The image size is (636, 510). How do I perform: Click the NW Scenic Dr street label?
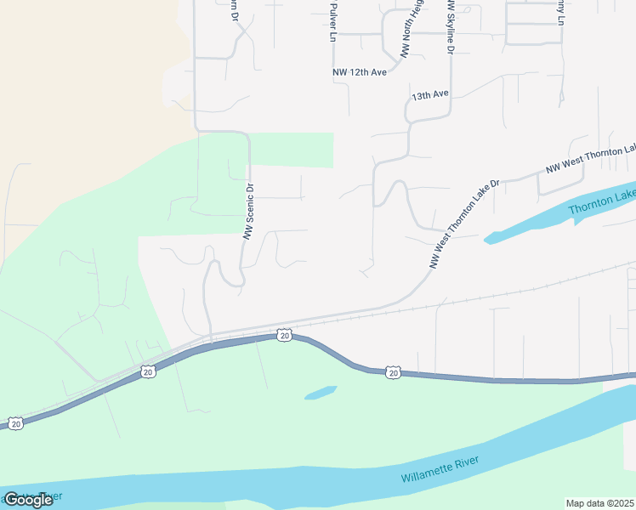[x=249, y=211]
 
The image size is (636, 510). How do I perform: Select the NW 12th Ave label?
[x=360, y=72]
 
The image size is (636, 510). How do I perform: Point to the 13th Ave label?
[x=429, y=96]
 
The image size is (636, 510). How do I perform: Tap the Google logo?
[x=28, y=500]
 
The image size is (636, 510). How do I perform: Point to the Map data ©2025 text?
[x=599, y=503]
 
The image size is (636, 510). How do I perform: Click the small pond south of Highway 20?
[x=321, y=393]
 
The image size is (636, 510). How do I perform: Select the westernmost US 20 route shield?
[x=15, y=422]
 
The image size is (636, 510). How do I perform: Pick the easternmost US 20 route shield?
[x=392, y=372]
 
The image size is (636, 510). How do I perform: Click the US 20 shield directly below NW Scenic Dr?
[x=284, y=336]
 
